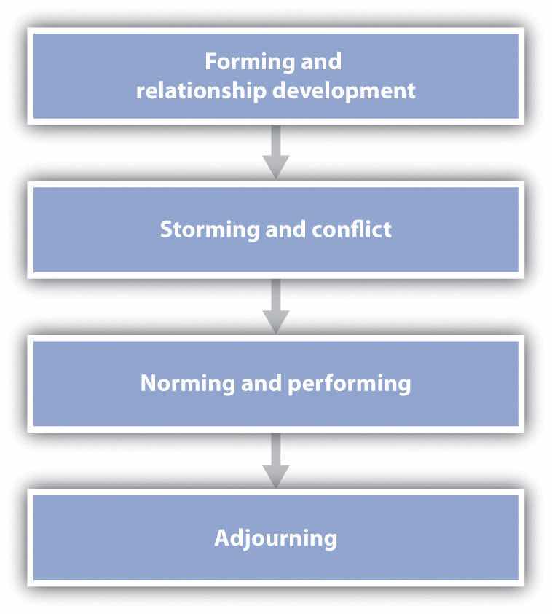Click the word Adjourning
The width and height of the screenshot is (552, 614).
point(275,538)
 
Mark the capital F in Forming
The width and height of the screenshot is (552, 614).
point(211,61)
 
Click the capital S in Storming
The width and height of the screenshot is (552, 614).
point(165,229)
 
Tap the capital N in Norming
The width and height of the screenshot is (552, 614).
point(148,383)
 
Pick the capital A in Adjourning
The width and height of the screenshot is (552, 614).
point(222,538)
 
